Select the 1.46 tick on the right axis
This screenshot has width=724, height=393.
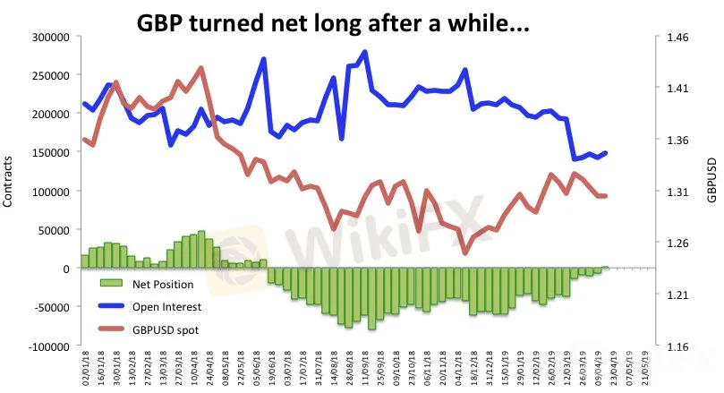(674, 37)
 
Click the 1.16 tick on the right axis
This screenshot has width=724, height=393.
(674, 346)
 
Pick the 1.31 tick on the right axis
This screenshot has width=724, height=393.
(674, 192)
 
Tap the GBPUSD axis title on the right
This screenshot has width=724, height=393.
(712, 191)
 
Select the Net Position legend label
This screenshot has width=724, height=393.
(161, 286)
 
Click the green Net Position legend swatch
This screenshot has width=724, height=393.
(112, 286)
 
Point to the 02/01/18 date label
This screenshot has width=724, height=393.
(85, 368)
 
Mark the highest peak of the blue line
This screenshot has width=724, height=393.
(365, 52)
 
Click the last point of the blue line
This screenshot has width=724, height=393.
(606, 153)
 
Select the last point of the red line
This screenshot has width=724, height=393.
(606, 196)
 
